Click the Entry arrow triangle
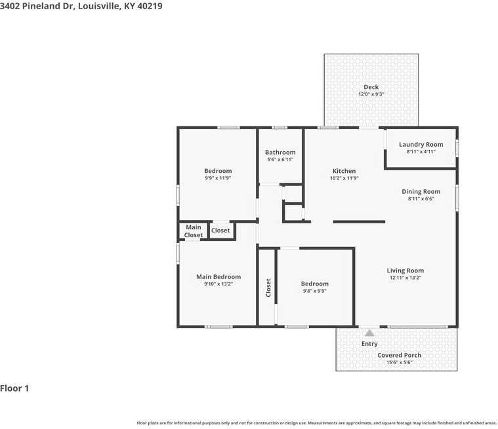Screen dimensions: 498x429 369,333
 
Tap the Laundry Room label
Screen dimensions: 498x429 421,145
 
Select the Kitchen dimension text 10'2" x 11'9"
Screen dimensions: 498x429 344,178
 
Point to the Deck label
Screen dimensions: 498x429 371,87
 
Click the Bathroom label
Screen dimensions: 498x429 280,152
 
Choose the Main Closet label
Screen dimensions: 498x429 194,231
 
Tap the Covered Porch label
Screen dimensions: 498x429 399,355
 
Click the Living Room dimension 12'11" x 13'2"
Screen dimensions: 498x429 405,278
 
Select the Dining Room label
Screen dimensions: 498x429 421,191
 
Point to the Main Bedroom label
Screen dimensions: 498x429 218,277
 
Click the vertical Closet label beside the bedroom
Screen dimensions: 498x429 268,288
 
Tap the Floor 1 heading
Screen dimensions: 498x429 14,388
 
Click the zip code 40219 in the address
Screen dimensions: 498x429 150,6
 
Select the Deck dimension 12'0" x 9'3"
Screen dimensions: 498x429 371,94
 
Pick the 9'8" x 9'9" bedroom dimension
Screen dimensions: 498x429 315,291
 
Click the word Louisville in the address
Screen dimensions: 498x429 99,6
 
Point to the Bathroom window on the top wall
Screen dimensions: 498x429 280,128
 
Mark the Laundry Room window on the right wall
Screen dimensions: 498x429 457,149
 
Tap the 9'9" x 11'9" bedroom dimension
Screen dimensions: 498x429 218,178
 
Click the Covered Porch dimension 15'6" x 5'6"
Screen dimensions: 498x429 399,362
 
